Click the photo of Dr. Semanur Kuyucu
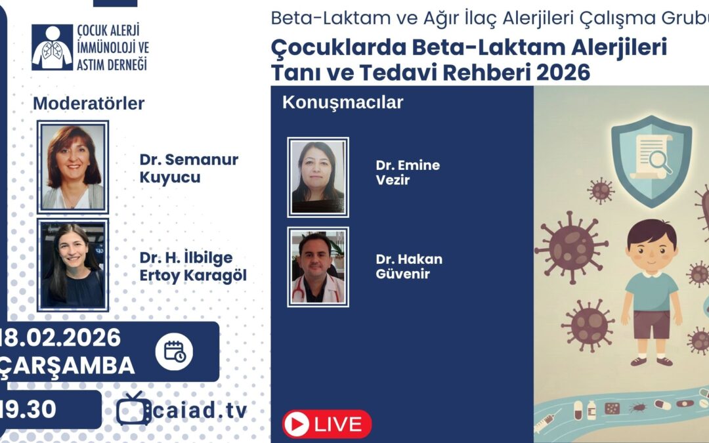(x=72, y=167)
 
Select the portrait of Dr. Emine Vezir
(x=318, y=177)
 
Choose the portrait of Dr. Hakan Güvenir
(x=318, y=267)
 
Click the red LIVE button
(x=326, y=424)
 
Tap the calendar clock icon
(x=175, y=352)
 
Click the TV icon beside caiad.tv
(x=133, y=409)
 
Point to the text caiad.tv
(x=200, y=411)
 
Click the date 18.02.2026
(x=62, y=339)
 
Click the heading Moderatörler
(x=89, y=104)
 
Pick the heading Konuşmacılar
(x=342, y=103)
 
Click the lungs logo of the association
(x=52, y=48)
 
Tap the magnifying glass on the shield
(x=660, y=161)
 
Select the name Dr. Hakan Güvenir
(x=408, y=266)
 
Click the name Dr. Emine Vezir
(x=407, y=172)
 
